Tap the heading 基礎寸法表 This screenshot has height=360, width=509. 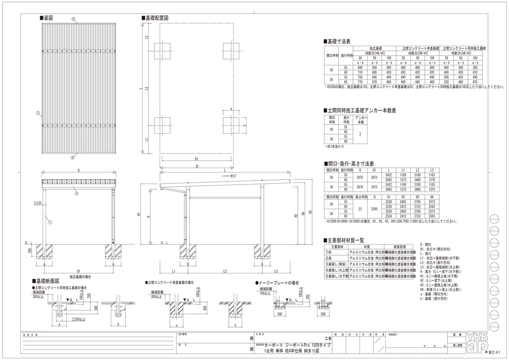[x=338, y=41]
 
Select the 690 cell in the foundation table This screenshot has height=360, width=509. [x=361, y=68]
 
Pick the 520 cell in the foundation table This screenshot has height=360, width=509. [x=447, y=81]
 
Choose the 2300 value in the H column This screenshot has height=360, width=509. [x=374, y=209]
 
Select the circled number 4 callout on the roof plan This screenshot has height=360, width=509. [x=74, y=19]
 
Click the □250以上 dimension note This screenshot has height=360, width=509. [x=79, y=319]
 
